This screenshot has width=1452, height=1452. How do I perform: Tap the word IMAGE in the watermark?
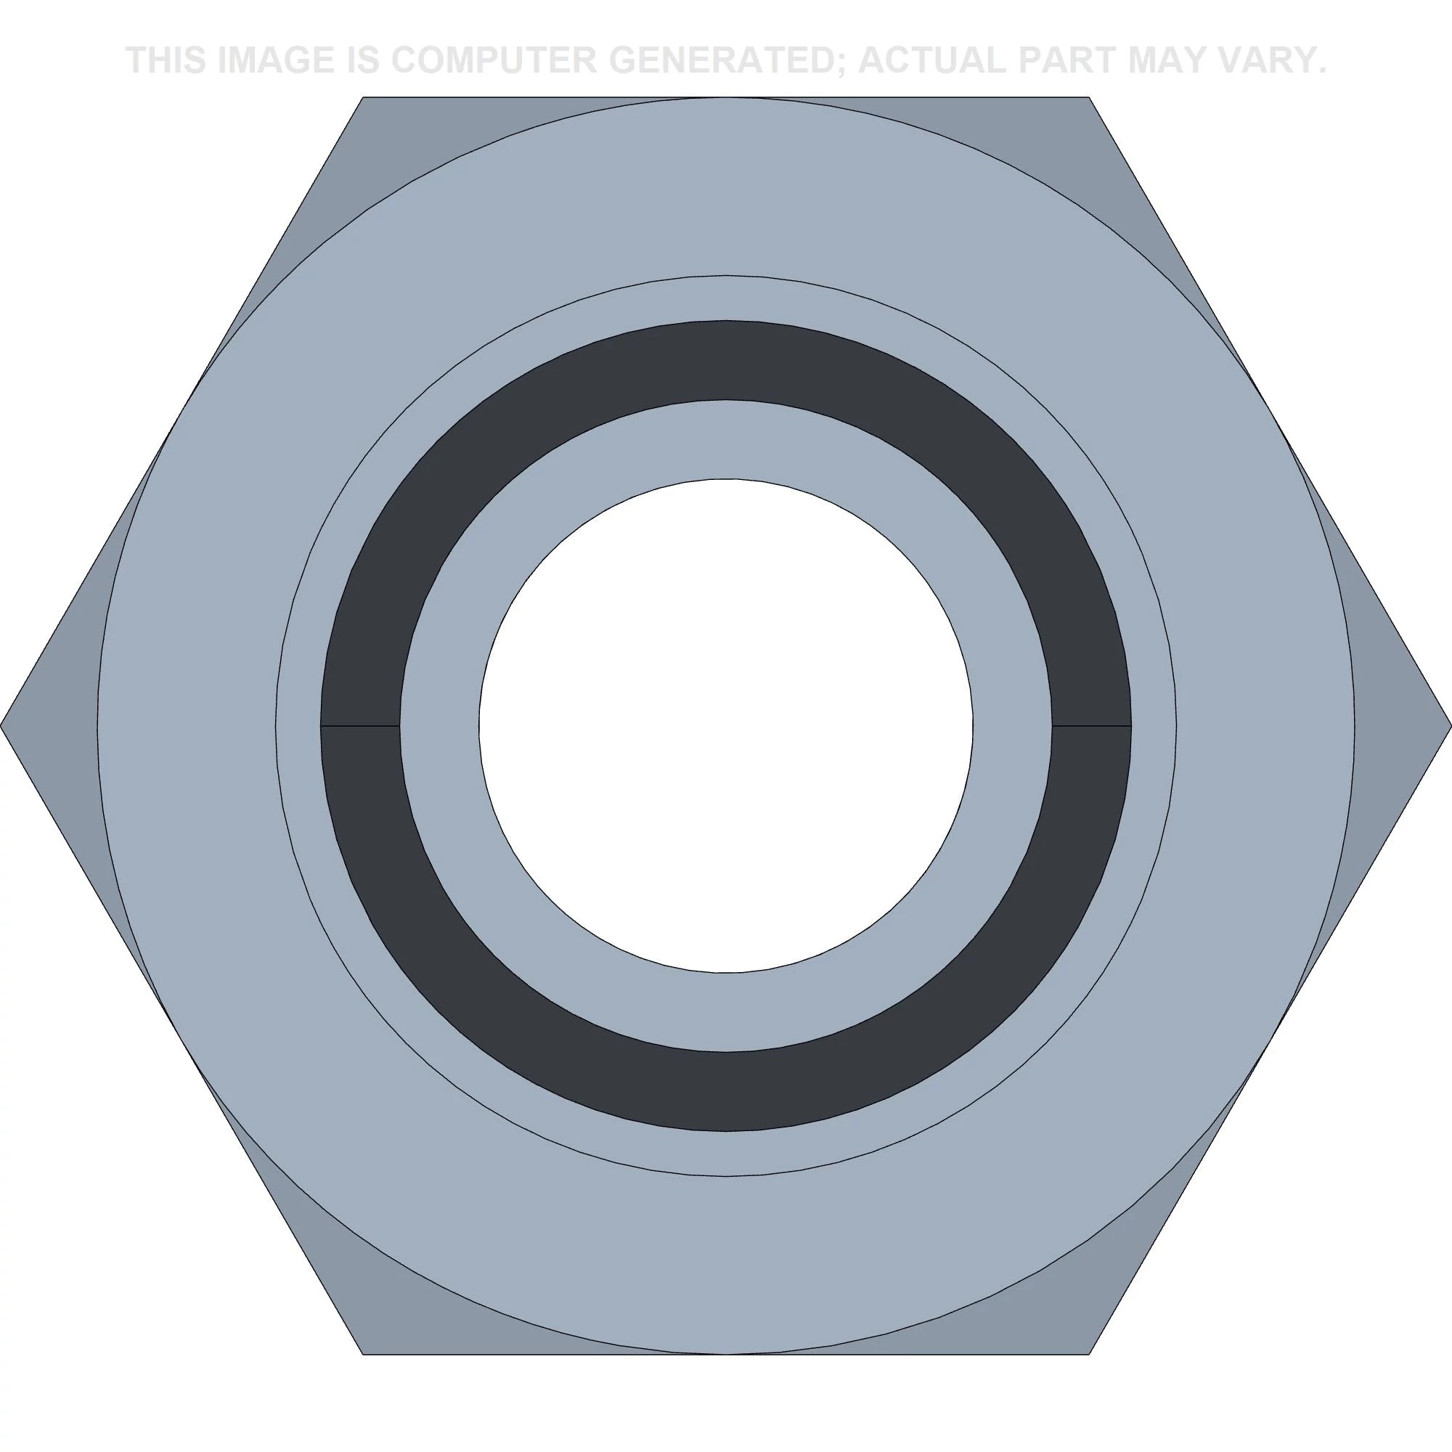point(275,60)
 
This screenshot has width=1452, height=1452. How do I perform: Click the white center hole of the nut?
point(726,726)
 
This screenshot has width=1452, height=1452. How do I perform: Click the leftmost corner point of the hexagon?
point(1,726)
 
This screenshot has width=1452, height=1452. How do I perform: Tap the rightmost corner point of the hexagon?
point(1451,726)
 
